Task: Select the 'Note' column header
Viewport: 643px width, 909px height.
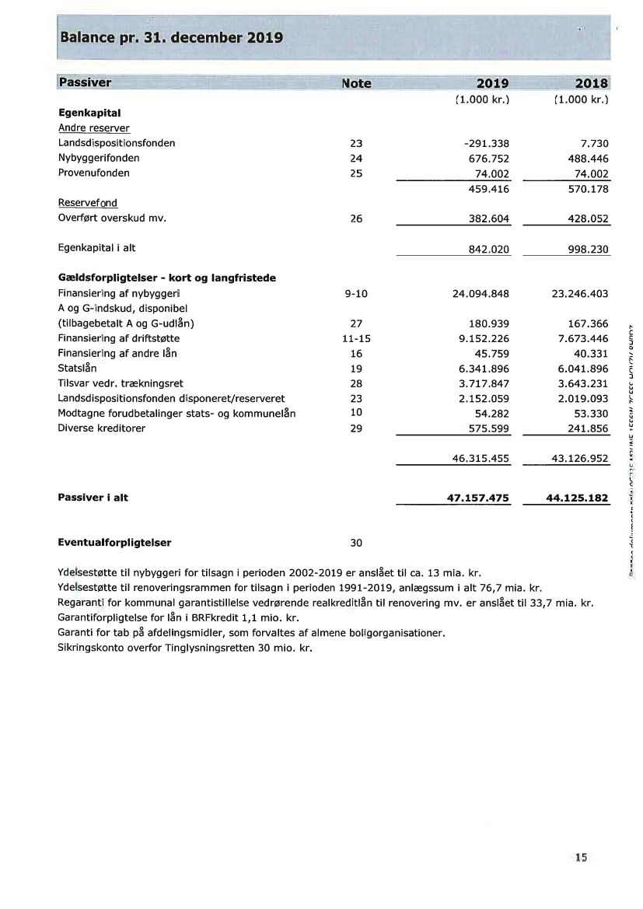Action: [356, 83]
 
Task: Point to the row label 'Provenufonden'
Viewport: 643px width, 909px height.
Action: [94, 173]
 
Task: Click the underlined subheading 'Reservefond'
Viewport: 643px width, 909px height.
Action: [88, 203]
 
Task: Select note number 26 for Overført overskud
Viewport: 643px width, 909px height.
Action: [356, 219]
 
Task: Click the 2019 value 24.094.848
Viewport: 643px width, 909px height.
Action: [481, 294]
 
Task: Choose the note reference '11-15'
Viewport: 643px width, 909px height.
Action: [356, 338]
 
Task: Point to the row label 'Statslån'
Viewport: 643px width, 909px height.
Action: [78, 369]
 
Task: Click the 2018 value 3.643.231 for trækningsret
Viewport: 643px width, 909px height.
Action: [580, 383]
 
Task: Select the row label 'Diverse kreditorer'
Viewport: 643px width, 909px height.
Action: [102, 428]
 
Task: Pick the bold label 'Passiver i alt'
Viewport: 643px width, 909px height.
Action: [93, 498]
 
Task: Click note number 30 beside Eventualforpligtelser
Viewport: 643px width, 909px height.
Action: [356, 543]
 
